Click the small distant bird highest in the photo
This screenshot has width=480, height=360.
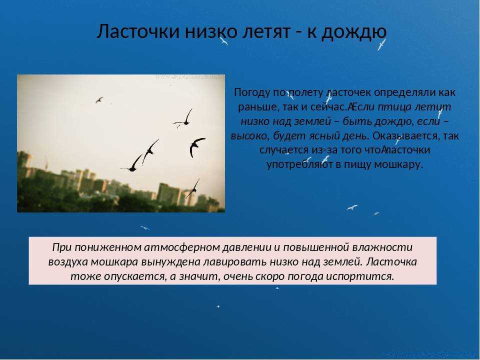(x=99, y=100)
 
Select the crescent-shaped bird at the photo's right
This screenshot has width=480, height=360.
(x=196, y=147)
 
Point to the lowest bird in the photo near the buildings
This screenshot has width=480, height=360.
(x=193, y=188)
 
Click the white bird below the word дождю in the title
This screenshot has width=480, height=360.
(x=381, y=44)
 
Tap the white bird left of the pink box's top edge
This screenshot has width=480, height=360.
(x=145, y=228)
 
